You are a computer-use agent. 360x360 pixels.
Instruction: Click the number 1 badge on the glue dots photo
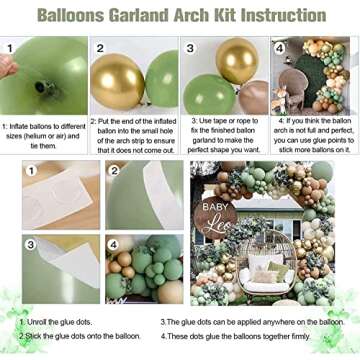[31, 171]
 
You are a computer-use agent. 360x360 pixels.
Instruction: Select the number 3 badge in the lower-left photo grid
[31, 243]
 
